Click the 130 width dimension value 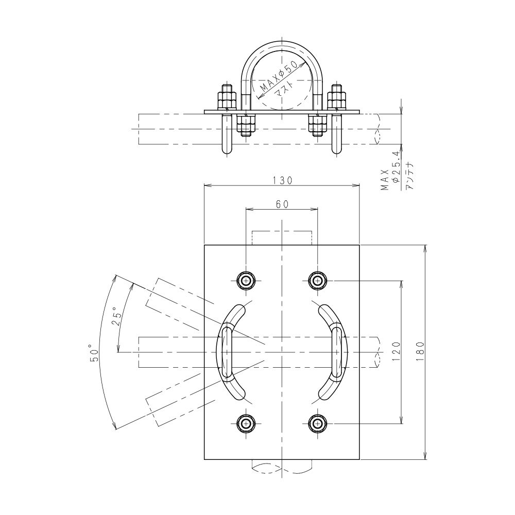tap(282, 180)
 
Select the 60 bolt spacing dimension tap(282, 204)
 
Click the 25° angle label tap(116, 316)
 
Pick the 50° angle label tap(94, 353)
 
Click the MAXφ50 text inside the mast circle tap(279, 77)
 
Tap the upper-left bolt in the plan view tap(246, 281)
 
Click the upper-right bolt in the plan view tap(317, 281)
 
